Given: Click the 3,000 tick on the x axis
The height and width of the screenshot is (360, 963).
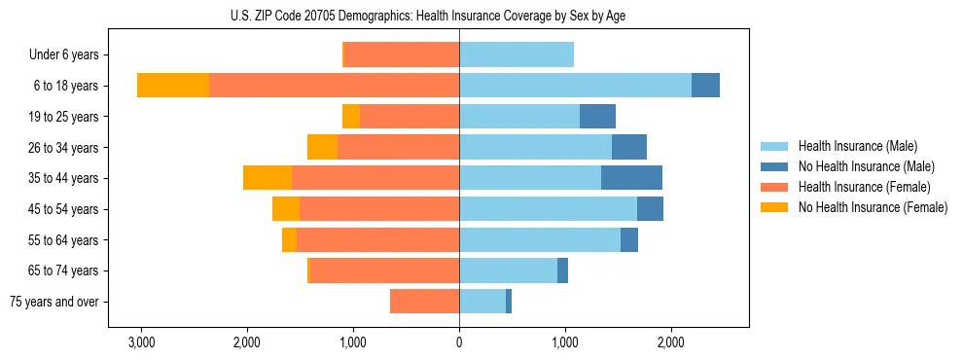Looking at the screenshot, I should [x=141, y=342].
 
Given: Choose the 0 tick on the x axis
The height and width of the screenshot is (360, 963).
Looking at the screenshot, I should [x=459, y=342].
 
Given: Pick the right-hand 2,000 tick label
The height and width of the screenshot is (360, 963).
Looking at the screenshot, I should [x=670, y=342].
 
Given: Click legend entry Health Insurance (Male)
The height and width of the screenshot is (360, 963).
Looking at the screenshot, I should [x=858, y=146].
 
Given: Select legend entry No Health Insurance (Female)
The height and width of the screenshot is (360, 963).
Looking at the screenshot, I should [x=873, y=207].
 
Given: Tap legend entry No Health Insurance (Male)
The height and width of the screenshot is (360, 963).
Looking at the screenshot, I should [x=866, y=166].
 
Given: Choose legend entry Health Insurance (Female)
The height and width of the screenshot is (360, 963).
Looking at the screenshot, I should [x=865, y=187].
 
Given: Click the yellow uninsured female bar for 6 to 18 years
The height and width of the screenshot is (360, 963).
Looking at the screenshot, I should [x=173, y=86].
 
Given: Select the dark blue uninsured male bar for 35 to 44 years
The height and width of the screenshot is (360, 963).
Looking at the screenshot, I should [x=631, y=178].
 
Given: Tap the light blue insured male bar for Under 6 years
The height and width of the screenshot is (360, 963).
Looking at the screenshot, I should [x=517, y=54].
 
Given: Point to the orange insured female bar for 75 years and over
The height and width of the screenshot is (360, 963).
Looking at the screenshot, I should [x=424, y=302].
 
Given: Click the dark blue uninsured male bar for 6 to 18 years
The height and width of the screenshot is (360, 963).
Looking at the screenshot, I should [x=705, y=86].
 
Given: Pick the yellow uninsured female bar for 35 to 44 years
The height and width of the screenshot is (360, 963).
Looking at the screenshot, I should [x=267, y=178].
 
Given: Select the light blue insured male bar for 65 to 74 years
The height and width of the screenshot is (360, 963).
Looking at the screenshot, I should [x=508, y=270].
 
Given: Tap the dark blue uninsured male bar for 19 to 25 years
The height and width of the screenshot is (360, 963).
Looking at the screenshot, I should [x=597, y=117].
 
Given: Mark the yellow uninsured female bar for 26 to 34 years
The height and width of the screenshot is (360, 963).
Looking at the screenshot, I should [x=322, y=147].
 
